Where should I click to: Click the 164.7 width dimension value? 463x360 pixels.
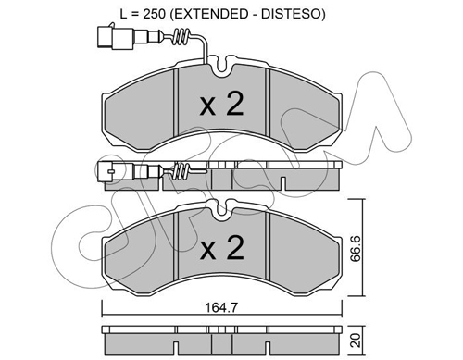pos(221,307)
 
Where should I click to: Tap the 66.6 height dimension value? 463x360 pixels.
pos(356,249)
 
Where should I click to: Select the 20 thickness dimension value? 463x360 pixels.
pos(356,341)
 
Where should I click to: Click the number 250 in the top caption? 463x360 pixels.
pos(154,14)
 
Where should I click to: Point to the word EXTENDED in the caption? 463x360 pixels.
pos(209,14)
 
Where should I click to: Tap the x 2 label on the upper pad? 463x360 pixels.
pos(221,104)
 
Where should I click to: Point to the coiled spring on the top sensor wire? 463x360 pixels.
pos(181,37)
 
